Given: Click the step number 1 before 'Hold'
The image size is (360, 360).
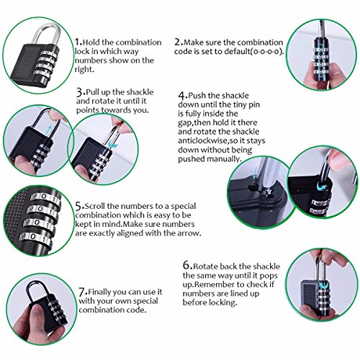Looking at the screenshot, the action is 77,42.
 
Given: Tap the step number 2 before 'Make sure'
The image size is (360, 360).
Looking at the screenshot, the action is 178,42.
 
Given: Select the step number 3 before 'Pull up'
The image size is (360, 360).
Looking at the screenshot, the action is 80,92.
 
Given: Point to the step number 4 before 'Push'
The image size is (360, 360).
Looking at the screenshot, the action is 181,96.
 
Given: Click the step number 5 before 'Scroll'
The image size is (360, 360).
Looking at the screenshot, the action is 78,206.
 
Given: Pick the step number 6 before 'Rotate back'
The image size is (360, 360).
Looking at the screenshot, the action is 186,266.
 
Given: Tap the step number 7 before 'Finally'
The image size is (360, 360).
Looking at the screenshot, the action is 82,292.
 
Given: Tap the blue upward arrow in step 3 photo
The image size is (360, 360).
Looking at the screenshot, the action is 50,131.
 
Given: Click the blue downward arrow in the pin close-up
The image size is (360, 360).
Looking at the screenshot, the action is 256,173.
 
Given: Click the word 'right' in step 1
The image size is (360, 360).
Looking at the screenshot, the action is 84,70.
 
